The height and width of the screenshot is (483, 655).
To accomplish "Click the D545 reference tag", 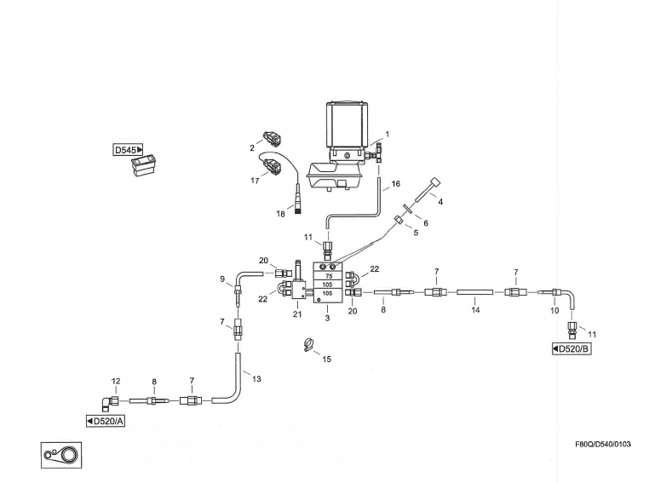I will pos(129,150).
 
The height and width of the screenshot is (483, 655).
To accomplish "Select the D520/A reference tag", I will pos(106,421).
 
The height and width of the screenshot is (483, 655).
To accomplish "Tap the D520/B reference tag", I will pos(572,349).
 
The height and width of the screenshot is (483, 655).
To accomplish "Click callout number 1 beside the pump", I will pos(386,135).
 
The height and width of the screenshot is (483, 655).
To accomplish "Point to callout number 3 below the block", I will pos(328,319).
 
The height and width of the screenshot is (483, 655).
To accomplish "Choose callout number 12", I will pos(116,381).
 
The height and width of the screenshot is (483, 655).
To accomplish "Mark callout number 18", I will pos(280,215).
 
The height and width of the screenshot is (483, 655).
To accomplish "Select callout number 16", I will pos(395,183).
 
